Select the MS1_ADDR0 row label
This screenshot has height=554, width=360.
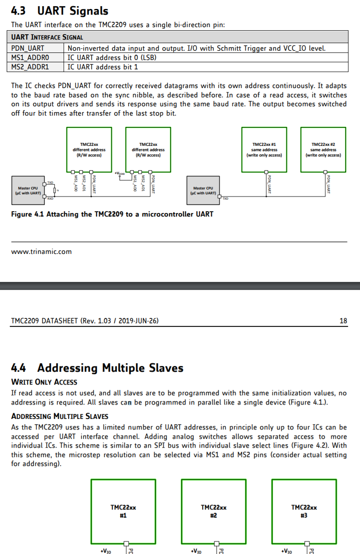[30, 57]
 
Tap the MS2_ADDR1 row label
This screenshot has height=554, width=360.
[30, 67]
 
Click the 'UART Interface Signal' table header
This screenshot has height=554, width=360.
[47, 37]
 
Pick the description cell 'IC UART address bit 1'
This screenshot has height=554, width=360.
[103, 67]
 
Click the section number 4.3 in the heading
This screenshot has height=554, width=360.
[18, 11]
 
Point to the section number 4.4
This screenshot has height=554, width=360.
[18, 368]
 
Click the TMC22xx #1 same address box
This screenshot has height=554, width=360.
[264, 149]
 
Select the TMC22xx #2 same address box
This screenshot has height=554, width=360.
[323, 149]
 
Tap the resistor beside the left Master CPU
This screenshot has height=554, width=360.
[54, 191]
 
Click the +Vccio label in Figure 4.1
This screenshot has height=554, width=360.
[120, 173]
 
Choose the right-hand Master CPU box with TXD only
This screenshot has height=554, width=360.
[203, 190]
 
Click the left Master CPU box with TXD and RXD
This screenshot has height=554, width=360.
[28, 190]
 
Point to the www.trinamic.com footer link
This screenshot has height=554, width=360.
[41, 252]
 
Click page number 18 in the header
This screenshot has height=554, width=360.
[343, 321]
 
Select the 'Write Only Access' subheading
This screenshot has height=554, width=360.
[44, 382]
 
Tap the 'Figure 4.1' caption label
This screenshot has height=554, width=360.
[28, 214]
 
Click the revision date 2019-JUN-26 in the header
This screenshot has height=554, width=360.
[136, 321]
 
